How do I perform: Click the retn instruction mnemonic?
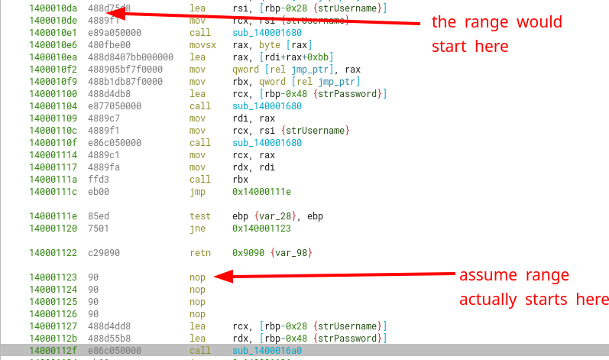tap(199, 252)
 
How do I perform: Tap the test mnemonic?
tap(199, 216)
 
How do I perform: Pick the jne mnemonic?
tap(196, 228)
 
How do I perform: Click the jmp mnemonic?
tap(196, 191)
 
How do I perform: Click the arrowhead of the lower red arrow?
tap(219, 277)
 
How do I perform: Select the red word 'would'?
tap(537, 22)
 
